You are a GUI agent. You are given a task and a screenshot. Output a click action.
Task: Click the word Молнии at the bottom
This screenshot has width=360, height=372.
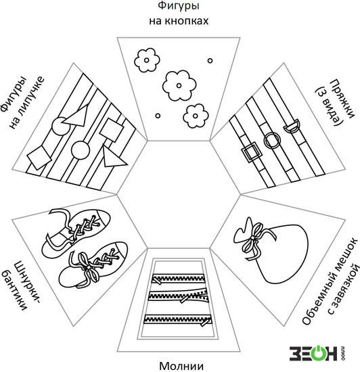[x=181, y=366]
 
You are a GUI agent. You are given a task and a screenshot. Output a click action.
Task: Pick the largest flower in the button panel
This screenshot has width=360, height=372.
[x=179, y=85]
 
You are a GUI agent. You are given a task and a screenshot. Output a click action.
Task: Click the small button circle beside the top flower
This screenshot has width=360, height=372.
[x=210, y=61]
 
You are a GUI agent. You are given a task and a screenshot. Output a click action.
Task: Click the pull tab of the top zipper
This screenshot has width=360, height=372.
[x=156, y=281]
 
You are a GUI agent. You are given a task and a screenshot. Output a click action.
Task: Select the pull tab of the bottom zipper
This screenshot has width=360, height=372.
[x=205, y=323]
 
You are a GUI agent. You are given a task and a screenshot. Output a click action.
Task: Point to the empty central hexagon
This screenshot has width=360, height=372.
[x=179, y=195]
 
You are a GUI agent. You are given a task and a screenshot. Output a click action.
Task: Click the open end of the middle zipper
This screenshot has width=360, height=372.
[x=204, y=296]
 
